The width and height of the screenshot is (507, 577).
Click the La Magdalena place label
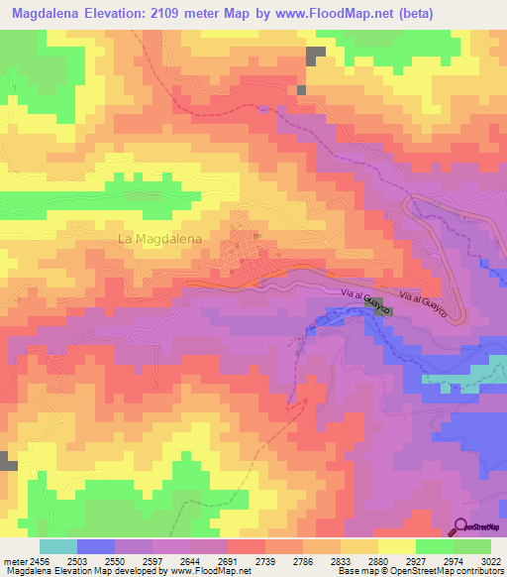point(159,239)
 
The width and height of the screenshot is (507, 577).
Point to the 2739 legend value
point(240,561)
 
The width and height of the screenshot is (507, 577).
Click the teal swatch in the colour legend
point(57,546)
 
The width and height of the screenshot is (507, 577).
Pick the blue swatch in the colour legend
point(95,546)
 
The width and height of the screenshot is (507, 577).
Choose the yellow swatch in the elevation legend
point(396,546)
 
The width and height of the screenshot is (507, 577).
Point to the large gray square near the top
point(316,57)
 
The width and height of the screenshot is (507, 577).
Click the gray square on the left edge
point(8,461)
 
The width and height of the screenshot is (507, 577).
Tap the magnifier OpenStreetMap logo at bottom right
point(461,526)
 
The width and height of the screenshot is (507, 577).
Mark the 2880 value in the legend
point(380,561)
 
